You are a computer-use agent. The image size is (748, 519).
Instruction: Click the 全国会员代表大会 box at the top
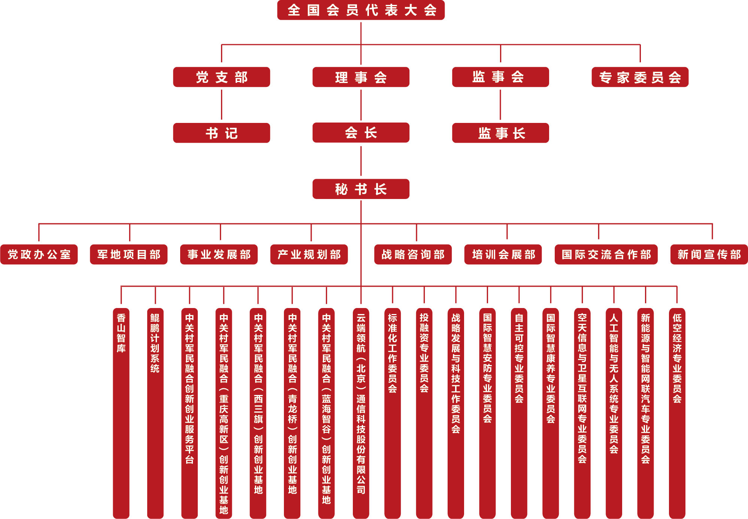(361, 10)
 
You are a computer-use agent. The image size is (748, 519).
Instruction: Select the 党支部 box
(221, 77)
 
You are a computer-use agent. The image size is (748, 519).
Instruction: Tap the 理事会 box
(361, 77)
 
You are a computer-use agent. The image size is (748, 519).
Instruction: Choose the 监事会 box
(500, 77)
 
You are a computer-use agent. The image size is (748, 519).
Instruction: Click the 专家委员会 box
(640, 77)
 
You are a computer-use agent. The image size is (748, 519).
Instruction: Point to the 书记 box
(221, 133)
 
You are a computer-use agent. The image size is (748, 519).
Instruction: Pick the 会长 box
(361, 133)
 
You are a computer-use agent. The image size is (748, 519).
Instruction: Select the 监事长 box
(500, 133)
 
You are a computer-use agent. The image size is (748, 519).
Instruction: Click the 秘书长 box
(361, 189)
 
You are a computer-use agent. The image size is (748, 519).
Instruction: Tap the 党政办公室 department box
(39, 254)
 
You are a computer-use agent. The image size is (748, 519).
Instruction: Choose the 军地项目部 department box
(128, 254)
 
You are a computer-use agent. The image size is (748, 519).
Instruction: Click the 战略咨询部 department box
(413, 254)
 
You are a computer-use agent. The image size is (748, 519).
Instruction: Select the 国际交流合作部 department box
(606, 254)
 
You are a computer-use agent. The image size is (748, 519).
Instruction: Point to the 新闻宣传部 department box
(709, 254)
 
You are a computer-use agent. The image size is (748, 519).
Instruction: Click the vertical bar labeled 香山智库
(121, 412)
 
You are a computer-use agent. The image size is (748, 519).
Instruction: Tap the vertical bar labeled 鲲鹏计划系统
(155, 412)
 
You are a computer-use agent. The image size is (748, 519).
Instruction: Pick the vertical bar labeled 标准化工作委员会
(393, 412)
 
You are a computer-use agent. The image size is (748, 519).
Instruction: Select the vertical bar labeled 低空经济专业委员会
(677, 412)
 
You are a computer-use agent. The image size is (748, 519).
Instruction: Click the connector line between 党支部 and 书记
(221, 105)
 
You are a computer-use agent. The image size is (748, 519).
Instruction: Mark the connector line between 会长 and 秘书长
(361, 161)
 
